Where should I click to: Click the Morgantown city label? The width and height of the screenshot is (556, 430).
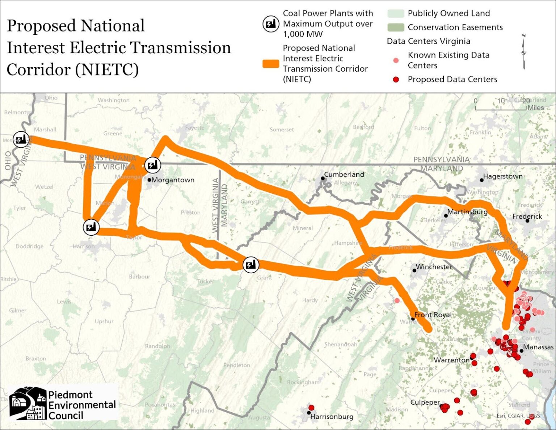(x=173, y=180)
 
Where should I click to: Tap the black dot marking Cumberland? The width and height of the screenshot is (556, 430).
(x=323, y=178)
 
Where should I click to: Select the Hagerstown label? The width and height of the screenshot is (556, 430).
(x=503, y=176)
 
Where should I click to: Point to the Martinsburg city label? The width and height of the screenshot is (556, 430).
(x=467, y=212)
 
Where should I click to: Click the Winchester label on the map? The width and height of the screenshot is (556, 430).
(x=434, y=267)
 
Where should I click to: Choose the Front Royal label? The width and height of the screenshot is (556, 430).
(x=433, y=315)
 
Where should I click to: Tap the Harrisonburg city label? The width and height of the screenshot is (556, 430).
(x=332, y=417)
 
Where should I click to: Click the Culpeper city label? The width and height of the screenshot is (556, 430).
(x=425, y=402)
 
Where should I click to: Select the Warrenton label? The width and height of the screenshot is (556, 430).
(x=451, y=360)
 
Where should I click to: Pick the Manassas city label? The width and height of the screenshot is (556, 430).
(x=538, y=347)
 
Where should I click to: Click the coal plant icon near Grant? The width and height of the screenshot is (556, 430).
(x=250, y=265)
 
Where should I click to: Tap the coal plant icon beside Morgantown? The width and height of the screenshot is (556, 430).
(x=153, y=165)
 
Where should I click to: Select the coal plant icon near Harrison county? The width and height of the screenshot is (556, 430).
(x=91, y=227)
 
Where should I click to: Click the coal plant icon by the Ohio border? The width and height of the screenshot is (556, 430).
(x=21, y=139)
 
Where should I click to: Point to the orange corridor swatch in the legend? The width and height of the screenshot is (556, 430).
(x=271, y=64)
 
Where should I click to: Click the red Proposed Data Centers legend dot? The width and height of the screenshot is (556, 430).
(x=396, y=79)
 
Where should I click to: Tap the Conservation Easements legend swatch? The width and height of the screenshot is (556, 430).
(x=395, y=28)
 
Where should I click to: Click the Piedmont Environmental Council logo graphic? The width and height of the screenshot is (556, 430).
(x=28, y=403)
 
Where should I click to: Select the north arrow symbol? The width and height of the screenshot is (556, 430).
(x=523, y=51)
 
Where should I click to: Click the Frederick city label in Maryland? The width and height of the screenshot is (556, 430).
(x=527, y=216)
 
